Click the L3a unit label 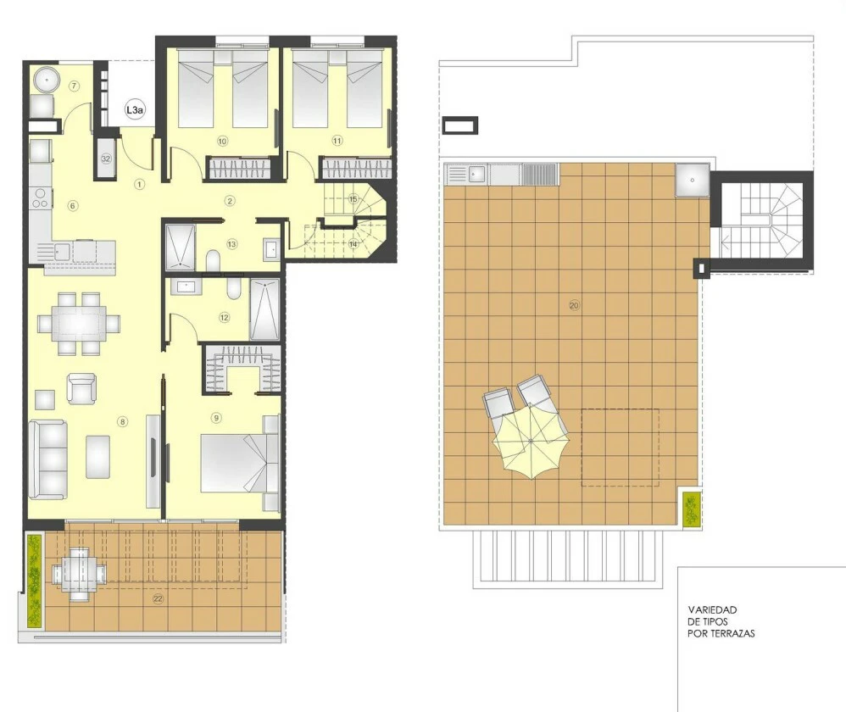tap(134, 110)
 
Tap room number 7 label tap(75, 86)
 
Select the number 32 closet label tap(106, 159)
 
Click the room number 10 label tap(222, 142)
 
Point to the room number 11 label tap(337, 141)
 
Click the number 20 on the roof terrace tap(574, 305)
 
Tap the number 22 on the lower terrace tap(158, 598)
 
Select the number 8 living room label tap(123, 421)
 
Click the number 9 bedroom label tap(216, 418)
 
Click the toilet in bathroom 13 tap(213, 261)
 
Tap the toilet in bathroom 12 tap(234, 288)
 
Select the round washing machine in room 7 tap(46, 81)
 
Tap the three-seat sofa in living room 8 tap(48, 459)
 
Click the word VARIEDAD tap(712, 610)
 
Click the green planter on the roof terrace tap(691, 509)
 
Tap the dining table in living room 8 tap(79, 324)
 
